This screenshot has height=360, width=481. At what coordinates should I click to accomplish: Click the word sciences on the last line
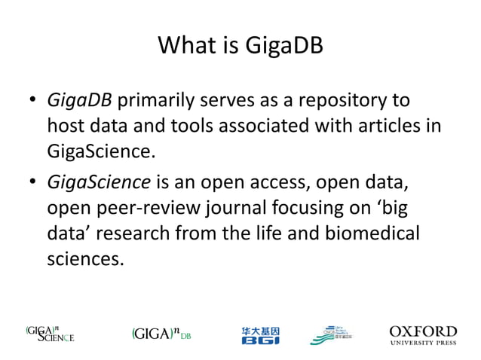[84, 261]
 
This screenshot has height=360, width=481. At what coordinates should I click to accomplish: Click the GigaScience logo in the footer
[51, 333]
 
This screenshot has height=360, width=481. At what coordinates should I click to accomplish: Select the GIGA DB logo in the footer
[161, 334]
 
